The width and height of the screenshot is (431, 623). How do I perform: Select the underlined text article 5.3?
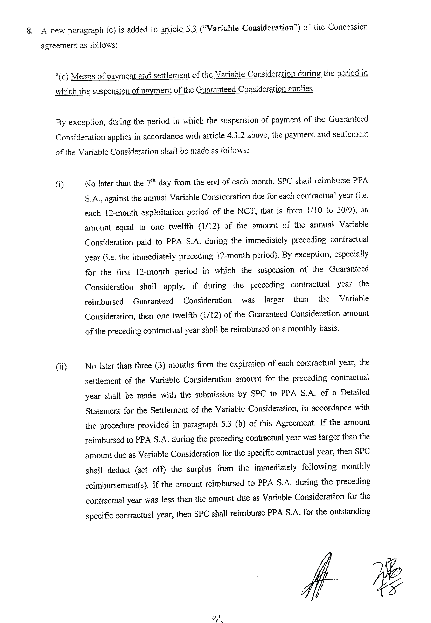click(179, 29)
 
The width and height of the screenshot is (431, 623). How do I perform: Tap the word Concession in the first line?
click(348, 27)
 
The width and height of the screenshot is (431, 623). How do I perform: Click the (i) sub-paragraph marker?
click(60, 184)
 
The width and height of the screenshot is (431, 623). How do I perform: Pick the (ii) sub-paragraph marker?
click(61, 367)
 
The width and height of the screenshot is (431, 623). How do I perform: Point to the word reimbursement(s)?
click(117, 485)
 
